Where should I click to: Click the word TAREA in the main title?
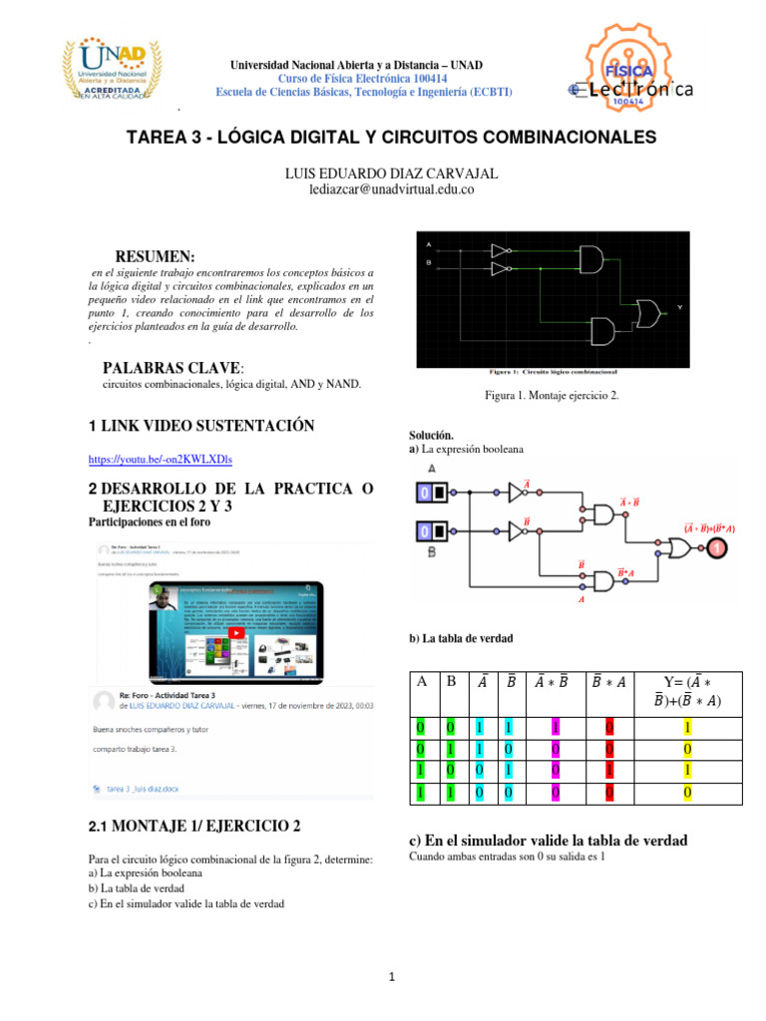[162, 136]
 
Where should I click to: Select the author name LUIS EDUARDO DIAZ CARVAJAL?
[391, 173]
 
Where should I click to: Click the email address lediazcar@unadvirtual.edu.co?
[391, 189]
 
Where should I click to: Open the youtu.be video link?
[161, 459]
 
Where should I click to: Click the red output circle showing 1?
[715, 548]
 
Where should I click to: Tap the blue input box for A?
[424, 492]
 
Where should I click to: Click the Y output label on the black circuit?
[680, 307]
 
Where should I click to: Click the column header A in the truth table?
[422, 681]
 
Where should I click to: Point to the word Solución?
[431, 436]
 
